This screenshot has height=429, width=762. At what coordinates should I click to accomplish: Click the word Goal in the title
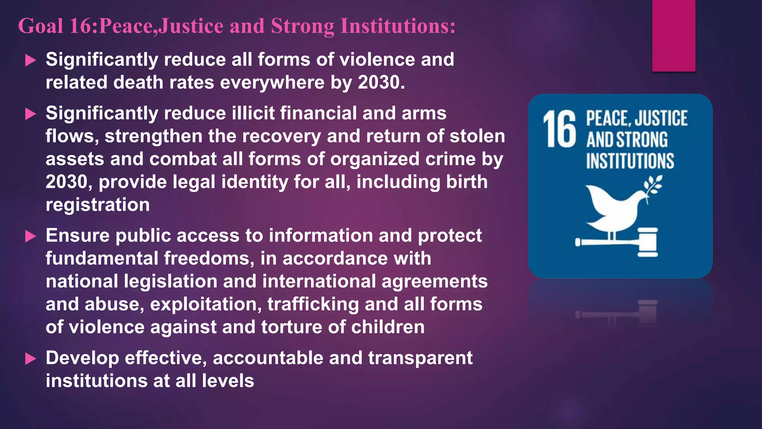(41, 26)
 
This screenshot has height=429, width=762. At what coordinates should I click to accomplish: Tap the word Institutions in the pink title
(397, 26)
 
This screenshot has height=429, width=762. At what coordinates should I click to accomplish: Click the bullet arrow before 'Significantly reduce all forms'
(31, 60)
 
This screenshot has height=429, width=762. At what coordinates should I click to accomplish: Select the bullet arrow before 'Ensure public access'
(31, 236)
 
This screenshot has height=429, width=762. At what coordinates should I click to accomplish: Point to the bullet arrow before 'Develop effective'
(31, 359)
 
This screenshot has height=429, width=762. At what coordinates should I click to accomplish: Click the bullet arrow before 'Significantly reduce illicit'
(31, 114)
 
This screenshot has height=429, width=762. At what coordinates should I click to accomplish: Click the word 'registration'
(97, 205)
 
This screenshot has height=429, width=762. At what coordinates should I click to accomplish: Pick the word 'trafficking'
(313, 304)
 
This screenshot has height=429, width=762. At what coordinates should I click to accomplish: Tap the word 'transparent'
(420, 358)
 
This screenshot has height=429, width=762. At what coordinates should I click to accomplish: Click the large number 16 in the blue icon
(559, 130)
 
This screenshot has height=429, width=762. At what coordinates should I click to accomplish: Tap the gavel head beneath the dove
(648, 242)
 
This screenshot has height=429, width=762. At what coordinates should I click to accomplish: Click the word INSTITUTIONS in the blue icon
(630, 161)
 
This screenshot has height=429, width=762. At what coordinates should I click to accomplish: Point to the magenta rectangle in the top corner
(673, 35)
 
